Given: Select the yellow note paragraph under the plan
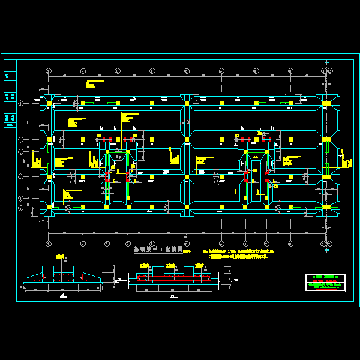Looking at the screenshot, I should click(237, 251).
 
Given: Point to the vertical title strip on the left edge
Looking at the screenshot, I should click(10, 94).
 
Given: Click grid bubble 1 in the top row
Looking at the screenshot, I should click(49, 71).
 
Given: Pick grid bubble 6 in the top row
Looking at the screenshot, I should click(221, 71).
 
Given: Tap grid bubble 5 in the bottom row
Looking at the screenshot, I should click(187, 244).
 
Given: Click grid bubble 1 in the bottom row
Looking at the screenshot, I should click(49, 244).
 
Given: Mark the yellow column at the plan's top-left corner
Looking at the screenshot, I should click(49, 104).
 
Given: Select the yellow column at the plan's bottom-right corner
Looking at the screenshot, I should click(326, 208).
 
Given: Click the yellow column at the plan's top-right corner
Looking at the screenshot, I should click(326, 104).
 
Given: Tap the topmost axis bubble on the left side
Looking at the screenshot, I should click(21, 104).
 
